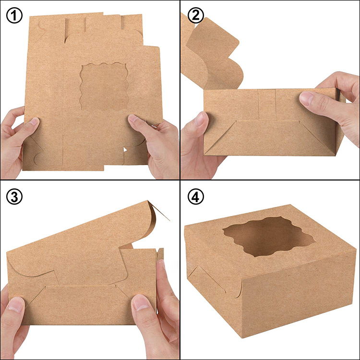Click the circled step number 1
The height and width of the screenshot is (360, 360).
pyautogui.click(x=14, y=16)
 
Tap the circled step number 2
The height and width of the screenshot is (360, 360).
pyautogui.click(x=195, y=16)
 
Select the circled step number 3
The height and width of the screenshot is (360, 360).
pyautogui.click(x=14, y=197)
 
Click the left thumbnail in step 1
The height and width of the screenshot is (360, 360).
pyautogui.click(x=32, y=123)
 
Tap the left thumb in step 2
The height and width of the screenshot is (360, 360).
pyautogui.click(x=201, y=120)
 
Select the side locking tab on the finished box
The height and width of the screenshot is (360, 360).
pyautogui.click(x=198, y=278)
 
